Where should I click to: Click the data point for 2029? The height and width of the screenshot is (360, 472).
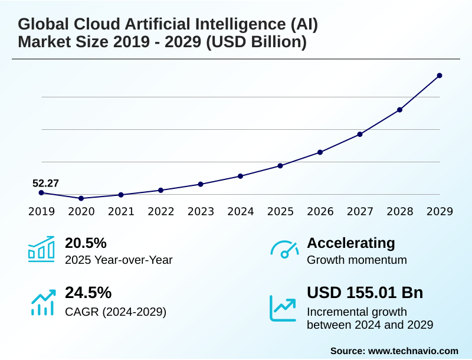point(440,76)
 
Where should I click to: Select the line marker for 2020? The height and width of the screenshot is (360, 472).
point(81,198)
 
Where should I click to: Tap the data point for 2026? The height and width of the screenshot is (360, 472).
point(320,152)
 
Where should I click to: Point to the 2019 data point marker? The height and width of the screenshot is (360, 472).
point(41,193)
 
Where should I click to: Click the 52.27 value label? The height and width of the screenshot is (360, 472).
point(45,183)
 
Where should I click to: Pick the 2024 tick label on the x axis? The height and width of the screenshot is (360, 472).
point(241,211)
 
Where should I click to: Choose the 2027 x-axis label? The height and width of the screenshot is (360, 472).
point(360,211)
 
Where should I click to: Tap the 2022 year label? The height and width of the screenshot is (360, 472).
point(161,211)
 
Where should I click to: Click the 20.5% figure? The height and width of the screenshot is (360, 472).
point(86,243)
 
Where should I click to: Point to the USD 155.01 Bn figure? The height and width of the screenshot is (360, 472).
point(365,293)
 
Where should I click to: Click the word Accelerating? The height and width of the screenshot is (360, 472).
point(351,243)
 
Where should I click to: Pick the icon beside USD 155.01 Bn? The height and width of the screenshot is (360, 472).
point(283,307)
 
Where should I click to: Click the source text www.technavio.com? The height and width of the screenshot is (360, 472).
point(413,351)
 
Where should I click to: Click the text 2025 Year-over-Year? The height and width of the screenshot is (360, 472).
point(119,260)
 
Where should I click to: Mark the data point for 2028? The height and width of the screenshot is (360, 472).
point(399,110)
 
